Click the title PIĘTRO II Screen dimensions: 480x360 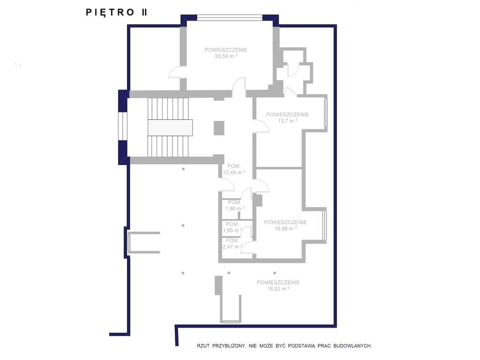point(116,12)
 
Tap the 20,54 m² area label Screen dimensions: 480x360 point(226,56)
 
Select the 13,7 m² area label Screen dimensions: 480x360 point(287,120)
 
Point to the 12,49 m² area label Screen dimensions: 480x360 point(234,172)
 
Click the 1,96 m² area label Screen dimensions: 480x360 point(235,209)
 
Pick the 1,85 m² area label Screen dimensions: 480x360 point(232,230)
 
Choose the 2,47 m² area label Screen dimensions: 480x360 point(232,247)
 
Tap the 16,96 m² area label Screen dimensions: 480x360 point(285,228)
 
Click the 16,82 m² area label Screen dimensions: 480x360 point(278,288)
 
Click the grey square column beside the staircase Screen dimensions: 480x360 point(219,128)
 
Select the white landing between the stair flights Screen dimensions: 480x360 point(170,127)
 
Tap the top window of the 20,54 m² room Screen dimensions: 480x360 point(230,18)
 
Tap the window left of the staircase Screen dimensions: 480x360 point(122,127)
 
